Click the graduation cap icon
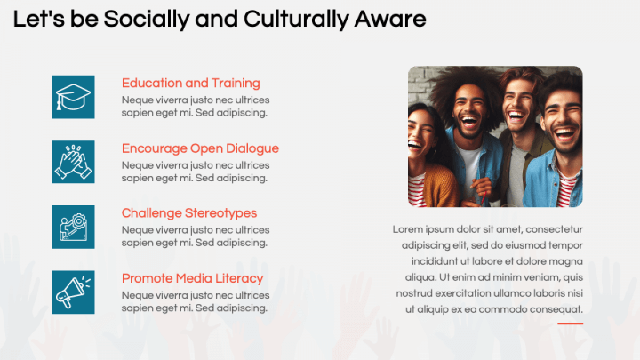73,97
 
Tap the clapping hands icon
73,162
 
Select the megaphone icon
73,292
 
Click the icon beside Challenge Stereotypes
73,227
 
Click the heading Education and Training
191,84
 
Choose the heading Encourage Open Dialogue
200,148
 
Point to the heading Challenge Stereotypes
189,213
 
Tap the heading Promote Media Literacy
193,278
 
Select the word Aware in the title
392,19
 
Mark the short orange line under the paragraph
570,324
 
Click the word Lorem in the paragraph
408,229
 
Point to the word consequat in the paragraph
555,309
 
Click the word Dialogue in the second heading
251,148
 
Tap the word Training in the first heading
235,84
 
